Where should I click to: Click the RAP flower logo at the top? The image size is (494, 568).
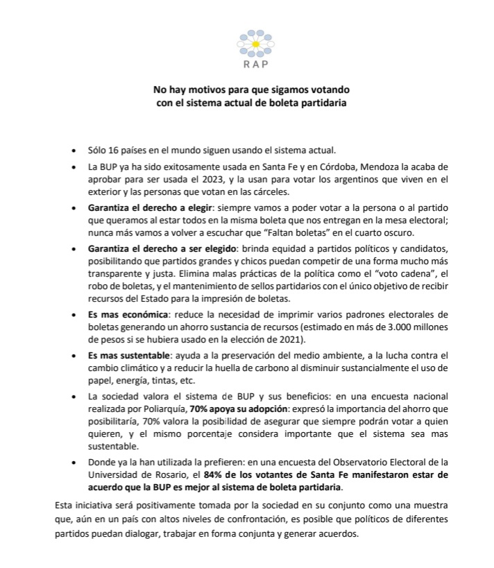(x=250, y=43)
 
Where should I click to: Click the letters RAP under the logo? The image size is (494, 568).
(x=250, y=67)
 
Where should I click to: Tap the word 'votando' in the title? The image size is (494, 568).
(x=332, y=91)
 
